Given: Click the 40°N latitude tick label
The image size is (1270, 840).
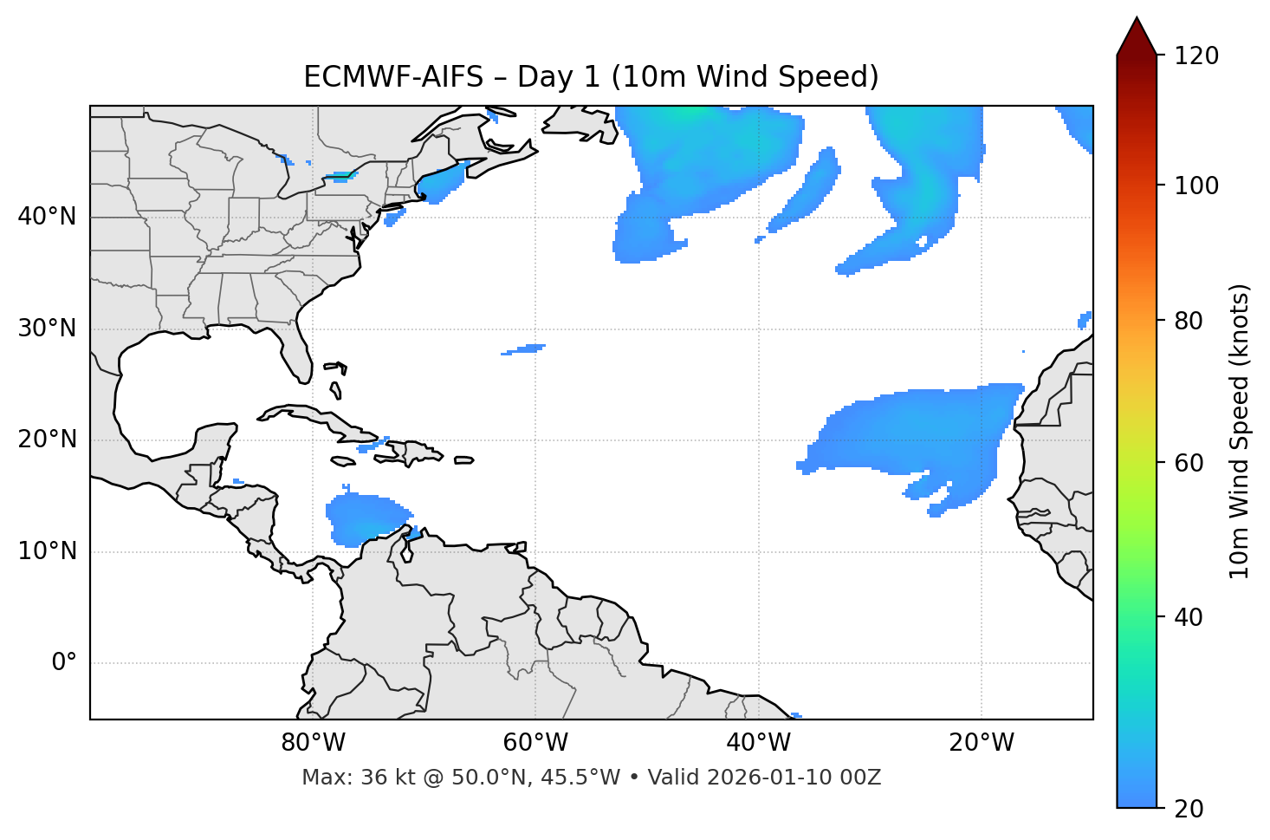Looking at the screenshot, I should coord(47,217).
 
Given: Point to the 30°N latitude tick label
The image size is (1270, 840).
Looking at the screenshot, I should coord(47,329).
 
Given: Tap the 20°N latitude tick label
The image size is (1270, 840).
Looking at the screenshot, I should coord(47,440).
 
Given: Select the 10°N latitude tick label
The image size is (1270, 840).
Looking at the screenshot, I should coord(47,551).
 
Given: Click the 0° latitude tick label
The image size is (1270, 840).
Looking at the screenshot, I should coord(64,663).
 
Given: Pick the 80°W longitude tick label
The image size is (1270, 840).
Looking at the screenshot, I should coord(314,743).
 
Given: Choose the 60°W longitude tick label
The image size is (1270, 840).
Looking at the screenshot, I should coord(536,743).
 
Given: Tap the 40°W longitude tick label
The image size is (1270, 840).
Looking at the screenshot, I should coord(759,743).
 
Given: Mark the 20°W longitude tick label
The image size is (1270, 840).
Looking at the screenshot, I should coord(982,743).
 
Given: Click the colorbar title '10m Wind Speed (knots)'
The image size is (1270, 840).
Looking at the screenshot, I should coord(1240,431).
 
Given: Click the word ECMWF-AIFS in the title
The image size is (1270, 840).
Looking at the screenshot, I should coord(392,77).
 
